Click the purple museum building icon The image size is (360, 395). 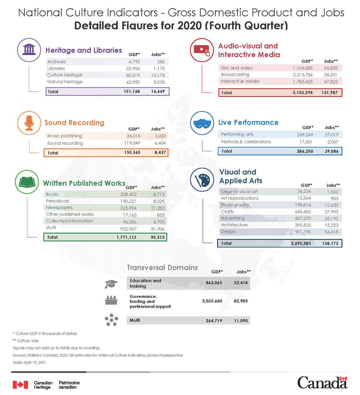coord(29,50)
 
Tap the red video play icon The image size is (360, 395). coord(202,50)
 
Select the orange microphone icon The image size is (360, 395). coord(29,123)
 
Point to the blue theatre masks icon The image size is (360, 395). coord(202,123)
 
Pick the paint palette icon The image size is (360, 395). coord(202,180)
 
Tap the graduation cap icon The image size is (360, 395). coord(111,284)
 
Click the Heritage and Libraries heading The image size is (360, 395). coord(84,50)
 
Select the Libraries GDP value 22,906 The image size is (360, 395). coord(133,68)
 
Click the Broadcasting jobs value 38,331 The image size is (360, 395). coord(330,75)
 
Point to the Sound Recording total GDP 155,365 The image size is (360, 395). coord(132,152)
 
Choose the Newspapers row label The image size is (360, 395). coord(59,208)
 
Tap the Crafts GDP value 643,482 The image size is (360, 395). coord(303,212)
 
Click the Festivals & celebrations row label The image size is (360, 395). coord(246,142)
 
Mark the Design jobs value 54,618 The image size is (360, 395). coord(331,232)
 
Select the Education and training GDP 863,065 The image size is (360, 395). coord(214,283)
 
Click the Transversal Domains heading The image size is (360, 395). coord(162,267)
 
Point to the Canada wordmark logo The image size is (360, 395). coord(322,383)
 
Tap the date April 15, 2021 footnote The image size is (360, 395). coord(30,362)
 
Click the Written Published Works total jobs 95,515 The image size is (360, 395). coord(157,237)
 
